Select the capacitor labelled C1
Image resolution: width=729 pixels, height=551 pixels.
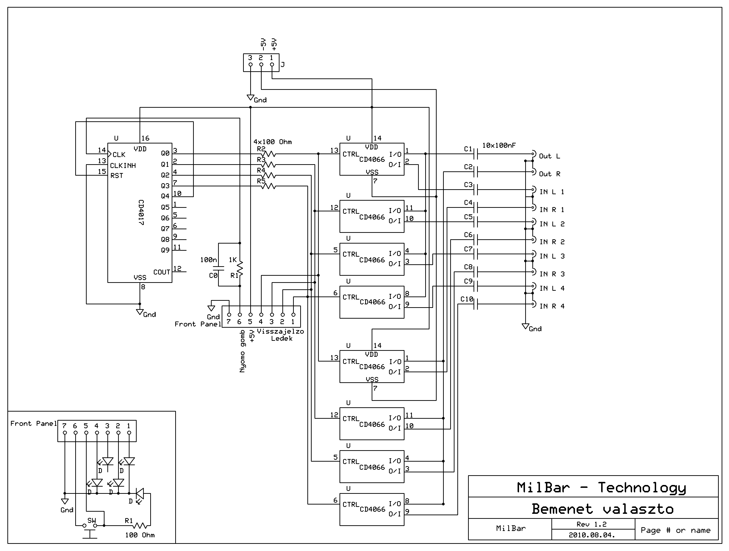point(475,154)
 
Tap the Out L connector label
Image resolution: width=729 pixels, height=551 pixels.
point(549,156)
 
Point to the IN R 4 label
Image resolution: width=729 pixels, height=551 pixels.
point(552,306)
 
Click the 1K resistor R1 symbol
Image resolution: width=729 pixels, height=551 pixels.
point(240,269)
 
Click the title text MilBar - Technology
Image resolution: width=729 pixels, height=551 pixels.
point(601,488)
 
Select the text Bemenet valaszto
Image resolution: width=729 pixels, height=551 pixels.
point(602,509)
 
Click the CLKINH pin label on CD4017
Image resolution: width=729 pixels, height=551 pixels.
point(123,166)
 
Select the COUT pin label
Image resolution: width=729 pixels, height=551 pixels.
point(161,272)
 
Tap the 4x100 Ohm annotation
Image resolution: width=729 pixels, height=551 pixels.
point(273,142)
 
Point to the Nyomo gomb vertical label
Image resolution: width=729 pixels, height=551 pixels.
point(243,351)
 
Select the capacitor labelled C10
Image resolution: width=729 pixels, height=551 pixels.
point(475,304)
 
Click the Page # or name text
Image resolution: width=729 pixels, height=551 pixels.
point(676,530)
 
